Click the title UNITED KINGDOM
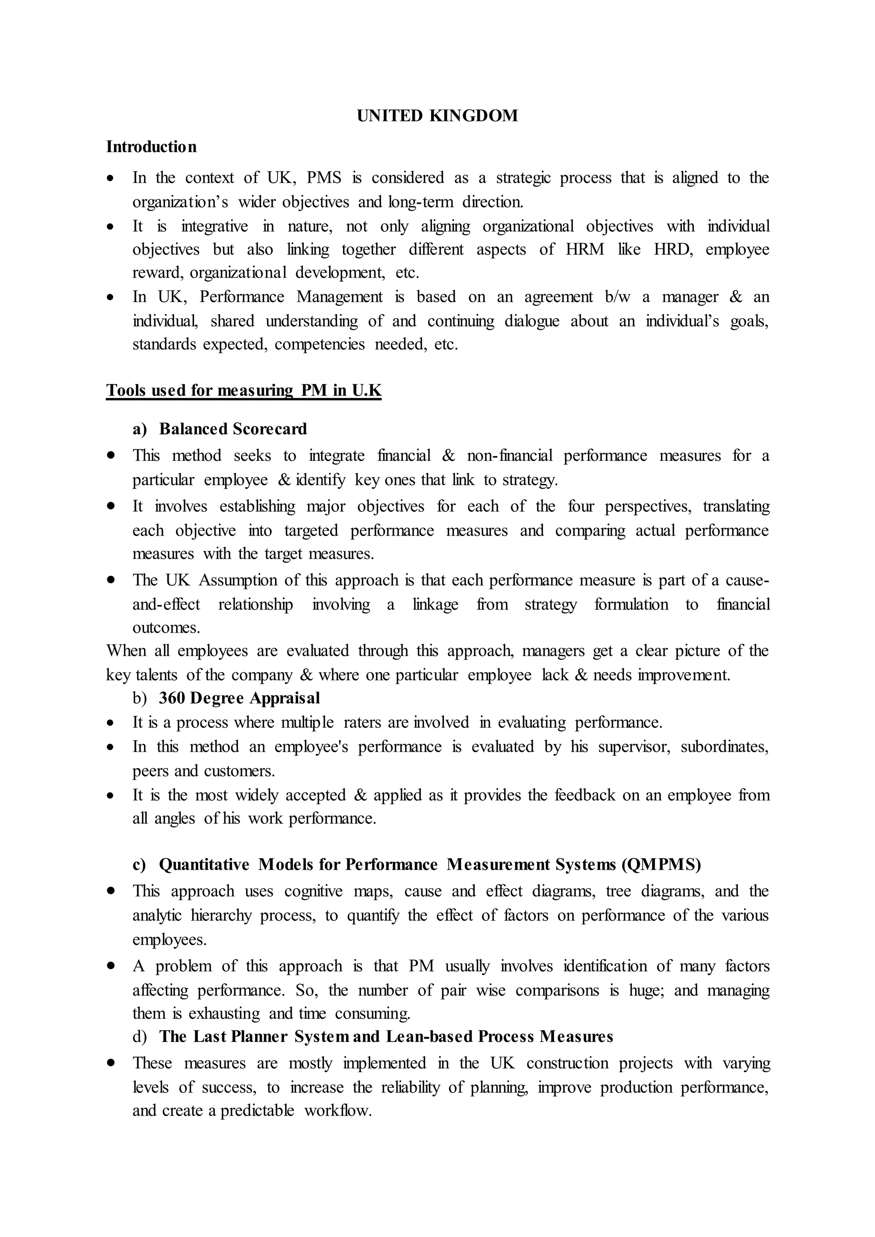[x=437, y=116]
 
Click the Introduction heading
[x=151, y=147]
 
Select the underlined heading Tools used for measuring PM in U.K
[x=244, y=390]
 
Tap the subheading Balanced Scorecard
[x=233, y=429]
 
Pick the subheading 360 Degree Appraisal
[x=239, y=698]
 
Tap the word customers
[x=239, y=771]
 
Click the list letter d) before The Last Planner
[x=140, y=1037]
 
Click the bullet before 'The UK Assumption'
[x=111, y=581]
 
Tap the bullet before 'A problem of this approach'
[x=111, y=967]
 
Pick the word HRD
[x=673, y=249]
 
